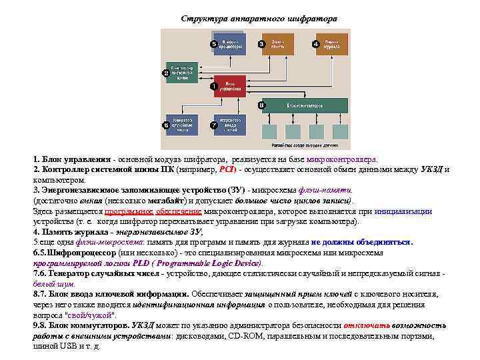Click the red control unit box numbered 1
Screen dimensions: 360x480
(x=230, y=89)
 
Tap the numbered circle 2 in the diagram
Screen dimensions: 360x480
(x=166, y=73)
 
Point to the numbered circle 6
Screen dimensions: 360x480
(x=166, y=125)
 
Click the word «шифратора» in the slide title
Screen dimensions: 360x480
(x=314, y=18)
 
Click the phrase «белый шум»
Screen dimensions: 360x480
(x=54, y=283)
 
